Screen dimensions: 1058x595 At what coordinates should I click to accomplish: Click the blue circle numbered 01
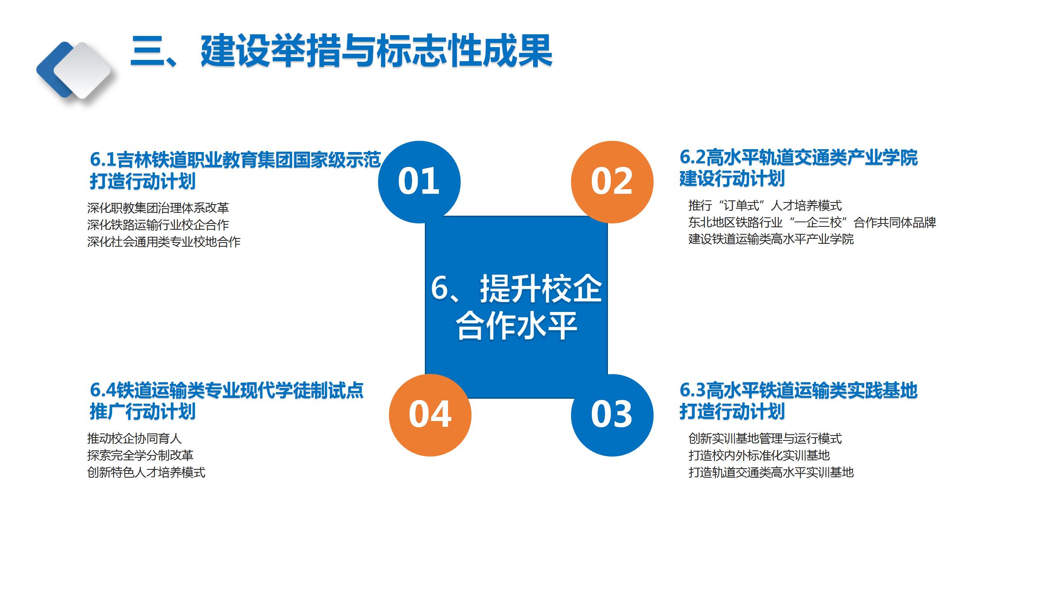coord(419,182)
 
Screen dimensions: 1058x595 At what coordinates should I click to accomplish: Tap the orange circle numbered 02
coord(612,182)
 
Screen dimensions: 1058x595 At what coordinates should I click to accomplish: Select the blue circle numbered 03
coord(612,415)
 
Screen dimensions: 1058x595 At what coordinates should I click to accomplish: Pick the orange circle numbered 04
coord(430,415)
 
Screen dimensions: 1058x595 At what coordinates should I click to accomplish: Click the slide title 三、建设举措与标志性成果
coord(341,51)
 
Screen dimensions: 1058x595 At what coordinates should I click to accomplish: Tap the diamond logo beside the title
coord(74,71)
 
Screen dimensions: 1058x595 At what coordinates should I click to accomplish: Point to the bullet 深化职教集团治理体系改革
coord(158,207)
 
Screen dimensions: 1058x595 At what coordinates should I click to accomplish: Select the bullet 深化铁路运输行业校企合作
coord(158,224)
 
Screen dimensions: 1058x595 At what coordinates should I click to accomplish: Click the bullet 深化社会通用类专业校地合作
coord(164,241)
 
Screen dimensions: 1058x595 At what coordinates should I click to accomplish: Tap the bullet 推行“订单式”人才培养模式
coord(765,205)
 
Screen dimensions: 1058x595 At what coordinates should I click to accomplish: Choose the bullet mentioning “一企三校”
coord(812,222)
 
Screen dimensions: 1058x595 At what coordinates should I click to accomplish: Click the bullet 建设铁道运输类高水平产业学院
coord(771,239)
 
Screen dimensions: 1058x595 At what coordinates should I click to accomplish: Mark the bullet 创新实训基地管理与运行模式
coord(765,438)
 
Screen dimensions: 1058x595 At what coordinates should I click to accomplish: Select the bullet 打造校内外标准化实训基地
coord(759,455)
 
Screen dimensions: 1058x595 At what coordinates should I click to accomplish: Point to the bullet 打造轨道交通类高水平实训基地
coord(771,472)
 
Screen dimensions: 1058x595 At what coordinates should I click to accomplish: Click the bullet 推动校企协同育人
coord(134,438)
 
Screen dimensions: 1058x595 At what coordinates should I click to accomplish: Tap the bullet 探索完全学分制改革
coord(140,455)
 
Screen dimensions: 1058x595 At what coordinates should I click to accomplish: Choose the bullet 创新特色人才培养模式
coord(146,472)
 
